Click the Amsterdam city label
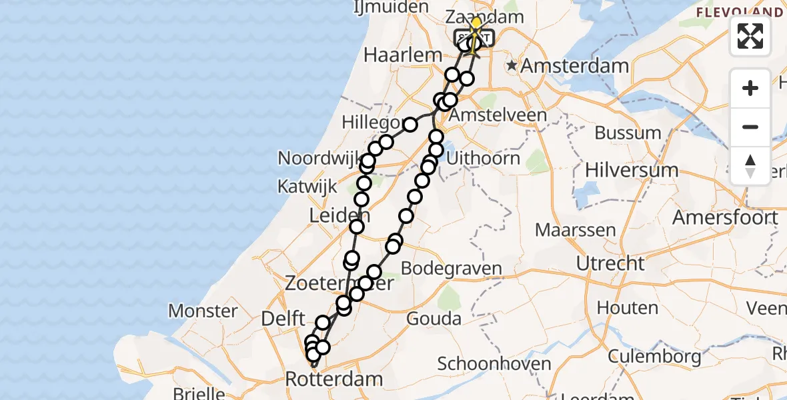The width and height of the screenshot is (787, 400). point(574,66)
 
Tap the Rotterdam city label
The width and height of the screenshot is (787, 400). point(334,379)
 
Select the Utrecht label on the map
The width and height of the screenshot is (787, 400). point(610,263)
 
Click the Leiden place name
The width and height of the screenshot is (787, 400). point(335,215)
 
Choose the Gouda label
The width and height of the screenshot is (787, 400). point(434,317)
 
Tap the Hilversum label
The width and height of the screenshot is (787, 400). point(632,170)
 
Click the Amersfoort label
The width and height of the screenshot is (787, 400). point(725,217)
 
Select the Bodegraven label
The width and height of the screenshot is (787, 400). point(451,269)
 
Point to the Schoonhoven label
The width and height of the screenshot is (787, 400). point(494,364)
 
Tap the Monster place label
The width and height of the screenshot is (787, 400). point(203,311)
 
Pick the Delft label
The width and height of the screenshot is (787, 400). point(283,319)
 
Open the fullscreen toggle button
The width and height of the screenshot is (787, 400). point(750,36)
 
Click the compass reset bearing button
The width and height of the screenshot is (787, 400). point(750,166)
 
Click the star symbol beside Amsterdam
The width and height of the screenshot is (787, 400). point(512,65)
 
